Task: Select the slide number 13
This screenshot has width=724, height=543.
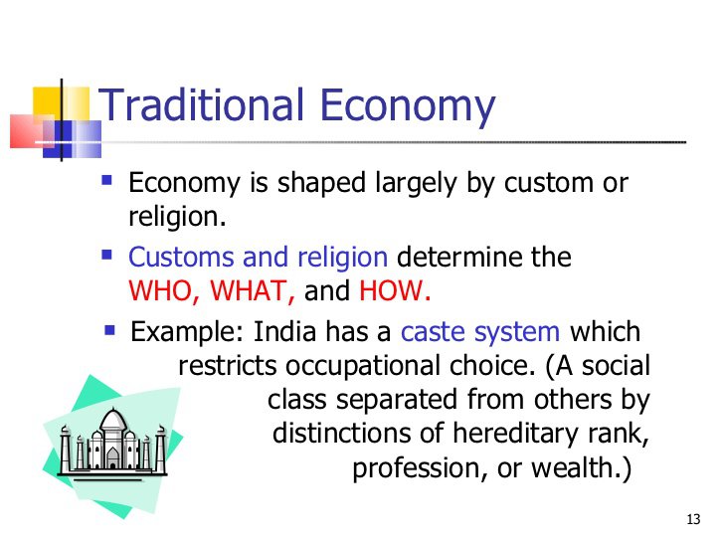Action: click(x=694, y=520)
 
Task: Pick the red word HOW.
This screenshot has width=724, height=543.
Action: click(x=395, y=292)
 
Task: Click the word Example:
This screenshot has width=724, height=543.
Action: click(x=189, y=331)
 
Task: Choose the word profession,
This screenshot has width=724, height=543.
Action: click(x=414, y=468)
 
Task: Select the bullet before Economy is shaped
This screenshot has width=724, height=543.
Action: click(x=107, y=181)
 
